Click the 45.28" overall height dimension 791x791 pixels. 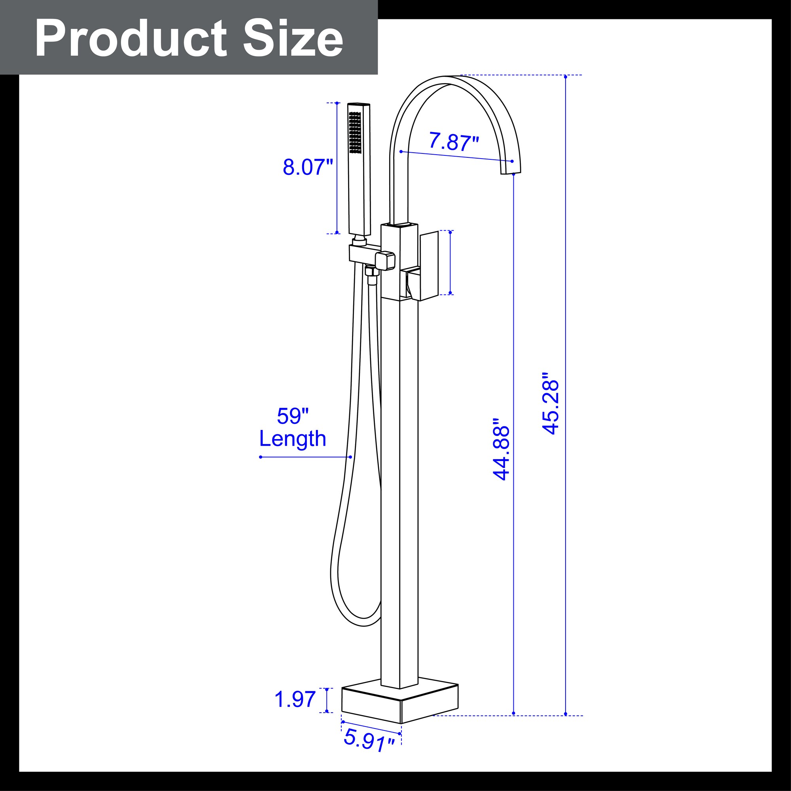[x=550, y=403]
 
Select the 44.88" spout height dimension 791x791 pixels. [x=501, y=449]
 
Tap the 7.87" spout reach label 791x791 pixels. [x=453, y=142]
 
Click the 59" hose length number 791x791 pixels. [x=292, y=416]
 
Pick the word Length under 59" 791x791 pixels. [x=292, y=439]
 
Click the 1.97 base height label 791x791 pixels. [x=295, y=699]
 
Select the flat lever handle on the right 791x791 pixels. [x=429, y=264]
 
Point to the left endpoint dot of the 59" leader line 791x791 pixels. [x=261, y=457]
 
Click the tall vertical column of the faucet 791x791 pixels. [x=399, y=491]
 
